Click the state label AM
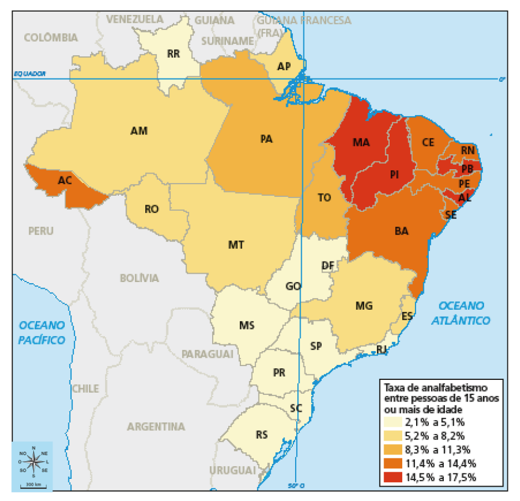coord(139,131)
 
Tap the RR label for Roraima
coord(173,54)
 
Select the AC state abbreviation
coord(64,180)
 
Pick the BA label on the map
coord(401,232)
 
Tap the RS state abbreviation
coord(262,435)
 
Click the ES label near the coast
coord(407,316)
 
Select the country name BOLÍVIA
coord(139,278)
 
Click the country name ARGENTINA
coord(156,427)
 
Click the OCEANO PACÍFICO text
coord(41,332)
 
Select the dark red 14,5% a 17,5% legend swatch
coord(396,477)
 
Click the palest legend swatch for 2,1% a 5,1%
coord(396,422)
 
